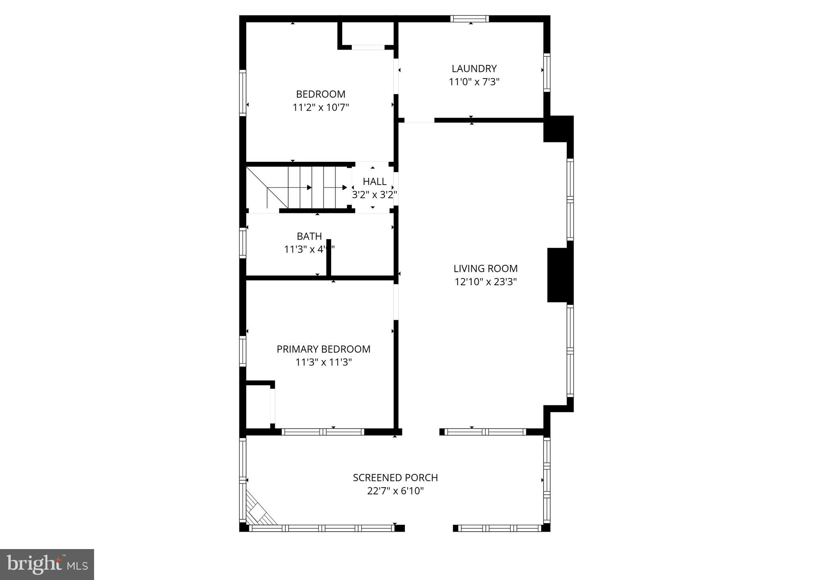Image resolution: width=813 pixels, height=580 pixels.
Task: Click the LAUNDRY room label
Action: point(474,69)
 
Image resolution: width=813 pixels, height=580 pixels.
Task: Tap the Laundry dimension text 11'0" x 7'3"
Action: point(474,82)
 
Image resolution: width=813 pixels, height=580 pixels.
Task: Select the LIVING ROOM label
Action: point(485,269)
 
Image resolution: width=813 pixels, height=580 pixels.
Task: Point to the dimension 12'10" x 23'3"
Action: point(485,282)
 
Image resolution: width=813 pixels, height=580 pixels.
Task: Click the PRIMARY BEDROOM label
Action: point(324,349)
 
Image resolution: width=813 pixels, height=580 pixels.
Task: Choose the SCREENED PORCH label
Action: point(395,478)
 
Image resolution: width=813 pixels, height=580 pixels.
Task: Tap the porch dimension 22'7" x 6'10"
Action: point(395,491)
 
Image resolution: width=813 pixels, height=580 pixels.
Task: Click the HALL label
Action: point(374,182)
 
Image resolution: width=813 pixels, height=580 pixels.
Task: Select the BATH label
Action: point(309,236)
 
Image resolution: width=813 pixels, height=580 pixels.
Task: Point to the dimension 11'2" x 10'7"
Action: point(321,108)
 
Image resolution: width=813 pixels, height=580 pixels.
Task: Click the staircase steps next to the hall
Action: point(314,187)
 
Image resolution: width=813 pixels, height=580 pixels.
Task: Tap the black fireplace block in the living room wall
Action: point(560,275)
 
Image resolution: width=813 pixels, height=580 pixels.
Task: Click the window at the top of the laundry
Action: point(470,19)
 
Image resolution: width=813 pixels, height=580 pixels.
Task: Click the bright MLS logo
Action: point(47,564)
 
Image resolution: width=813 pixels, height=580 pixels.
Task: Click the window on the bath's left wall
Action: point(243,243)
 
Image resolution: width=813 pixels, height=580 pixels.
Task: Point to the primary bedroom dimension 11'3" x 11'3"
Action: point(324,363)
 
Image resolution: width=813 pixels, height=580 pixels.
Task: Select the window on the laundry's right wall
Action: point(547,73)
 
